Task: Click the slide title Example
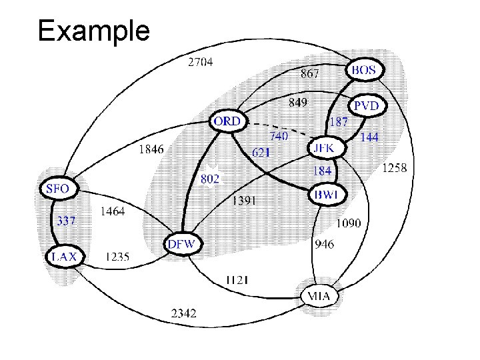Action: click(x=94, y=31)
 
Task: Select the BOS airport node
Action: click(x=363, y=69)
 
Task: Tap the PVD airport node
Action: click(x=365, y=105)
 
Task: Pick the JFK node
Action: click(x=327, y=147)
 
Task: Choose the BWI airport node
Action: click(x=327, y=195)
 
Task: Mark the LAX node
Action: click(x=65, y=256)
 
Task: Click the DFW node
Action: click(x=182, y=244)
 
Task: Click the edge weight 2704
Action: click(x=201, y=63)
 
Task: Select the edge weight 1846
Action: click(x=151, y=150)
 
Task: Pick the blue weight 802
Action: click(x=209, y=179)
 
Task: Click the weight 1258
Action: click(x=393, y=169)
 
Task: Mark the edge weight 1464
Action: click(x=111, y=212)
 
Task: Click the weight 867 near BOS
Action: click(x=309, y=73)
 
